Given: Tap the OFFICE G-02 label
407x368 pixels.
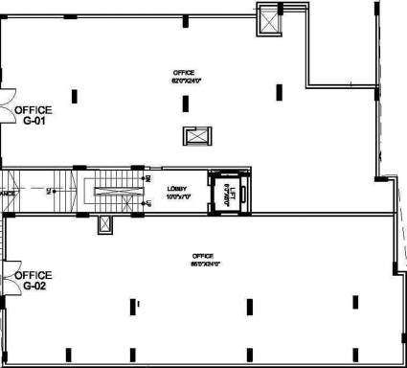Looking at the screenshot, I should (32, 280).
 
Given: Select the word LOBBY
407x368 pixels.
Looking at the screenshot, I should (175, 188).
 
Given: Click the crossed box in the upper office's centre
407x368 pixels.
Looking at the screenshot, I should (195, 135).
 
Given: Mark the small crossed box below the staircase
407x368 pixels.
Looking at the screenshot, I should (103, 222).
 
